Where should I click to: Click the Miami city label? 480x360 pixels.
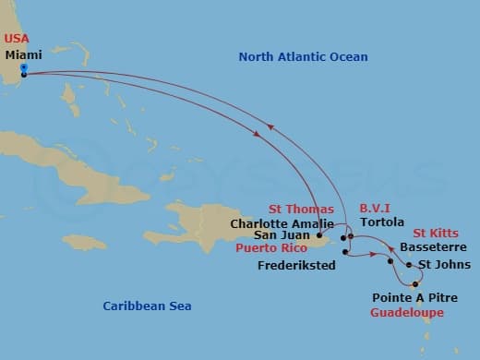point(22,54)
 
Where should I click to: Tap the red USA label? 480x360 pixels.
point(18,38)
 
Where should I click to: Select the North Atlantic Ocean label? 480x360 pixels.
point(303,57)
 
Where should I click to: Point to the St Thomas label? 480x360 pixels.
point(301,209)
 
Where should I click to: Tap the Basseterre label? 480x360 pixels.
point(431,248)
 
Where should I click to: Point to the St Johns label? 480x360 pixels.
point(442,266)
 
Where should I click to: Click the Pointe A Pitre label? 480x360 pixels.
point(414,298)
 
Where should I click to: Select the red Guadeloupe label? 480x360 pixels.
point(406,313)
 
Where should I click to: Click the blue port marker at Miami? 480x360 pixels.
point(23,68)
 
